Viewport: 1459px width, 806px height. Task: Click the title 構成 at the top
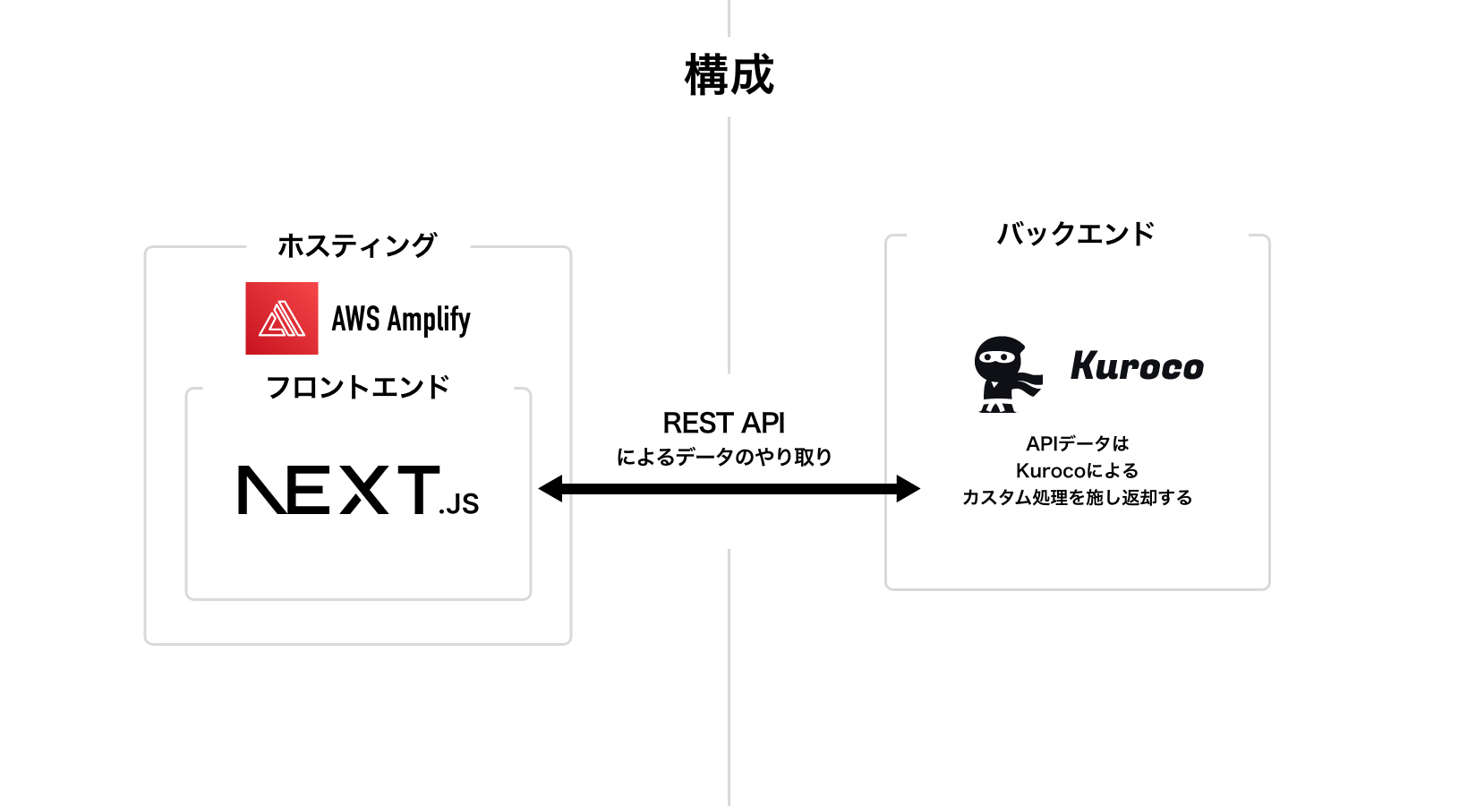point(729,75)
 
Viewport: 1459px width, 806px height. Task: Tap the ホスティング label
point(357,245)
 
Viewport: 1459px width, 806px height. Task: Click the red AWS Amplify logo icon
point(282,319)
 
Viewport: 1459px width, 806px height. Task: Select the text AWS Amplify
point(401,319)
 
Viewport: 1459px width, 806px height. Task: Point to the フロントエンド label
point(358,388)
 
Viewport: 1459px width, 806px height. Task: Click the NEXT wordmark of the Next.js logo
point(338,490)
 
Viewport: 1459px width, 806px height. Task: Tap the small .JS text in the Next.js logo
point(460,505)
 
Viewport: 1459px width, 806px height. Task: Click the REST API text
point(723,423)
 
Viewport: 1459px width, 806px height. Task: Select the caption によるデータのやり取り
point(724,457)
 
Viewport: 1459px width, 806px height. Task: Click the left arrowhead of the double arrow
point(550,489)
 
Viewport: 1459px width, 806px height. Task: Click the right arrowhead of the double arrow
point(908,489)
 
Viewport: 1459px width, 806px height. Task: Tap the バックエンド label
point(1076,234)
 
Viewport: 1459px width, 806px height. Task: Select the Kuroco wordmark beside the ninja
point(1137,366)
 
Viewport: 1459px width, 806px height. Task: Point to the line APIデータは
point(1077,443)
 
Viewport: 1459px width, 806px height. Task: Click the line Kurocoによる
point(1077,470)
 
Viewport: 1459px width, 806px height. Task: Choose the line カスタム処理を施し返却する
point(1077,497)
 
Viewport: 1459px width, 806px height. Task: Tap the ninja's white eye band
point(997,356)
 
